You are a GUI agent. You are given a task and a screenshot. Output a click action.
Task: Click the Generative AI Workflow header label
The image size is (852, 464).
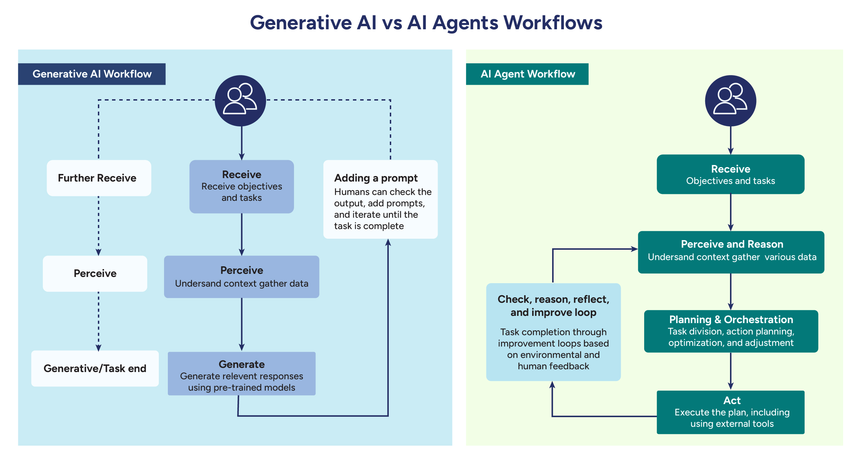(x=92, y=74)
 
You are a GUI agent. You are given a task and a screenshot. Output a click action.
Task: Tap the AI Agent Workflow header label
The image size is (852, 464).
(x=527, y=74)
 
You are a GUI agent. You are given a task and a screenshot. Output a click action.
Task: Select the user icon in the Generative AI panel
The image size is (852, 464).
(x=240, y=101)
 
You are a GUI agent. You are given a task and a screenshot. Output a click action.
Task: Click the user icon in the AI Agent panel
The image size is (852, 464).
(x=730, y=101)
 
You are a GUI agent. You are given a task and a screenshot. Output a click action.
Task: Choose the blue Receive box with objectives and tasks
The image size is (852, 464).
(x=242, y=186)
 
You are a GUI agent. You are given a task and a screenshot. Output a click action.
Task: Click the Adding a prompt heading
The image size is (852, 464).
(x=376, y=178)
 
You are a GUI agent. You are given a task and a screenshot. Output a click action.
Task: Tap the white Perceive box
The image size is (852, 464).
(x=95, y=274)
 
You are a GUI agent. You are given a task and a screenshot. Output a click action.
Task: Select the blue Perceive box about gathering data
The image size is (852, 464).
(x=242, y=277)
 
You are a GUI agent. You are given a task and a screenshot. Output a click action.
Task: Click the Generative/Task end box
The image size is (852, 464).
(x=95, y=369)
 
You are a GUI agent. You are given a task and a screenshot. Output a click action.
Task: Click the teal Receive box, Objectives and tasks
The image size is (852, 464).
(x=730, y=174)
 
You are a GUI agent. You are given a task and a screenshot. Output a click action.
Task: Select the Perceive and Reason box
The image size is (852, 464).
(x=731, y=252)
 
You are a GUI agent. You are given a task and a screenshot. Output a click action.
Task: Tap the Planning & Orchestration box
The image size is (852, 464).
(x=731, y=331)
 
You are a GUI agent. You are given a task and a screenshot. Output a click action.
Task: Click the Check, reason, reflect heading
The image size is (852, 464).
(x=553, y=306)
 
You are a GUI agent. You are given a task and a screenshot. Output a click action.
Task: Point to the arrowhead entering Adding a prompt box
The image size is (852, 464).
(x=388, y=243)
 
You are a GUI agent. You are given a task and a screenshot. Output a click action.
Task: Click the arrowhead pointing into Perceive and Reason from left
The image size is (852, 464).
(x=634, y=249)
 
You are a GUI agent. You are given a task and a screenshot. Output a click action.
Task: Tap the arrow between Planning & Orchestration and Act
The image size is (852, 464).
(x=730, y=371)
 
